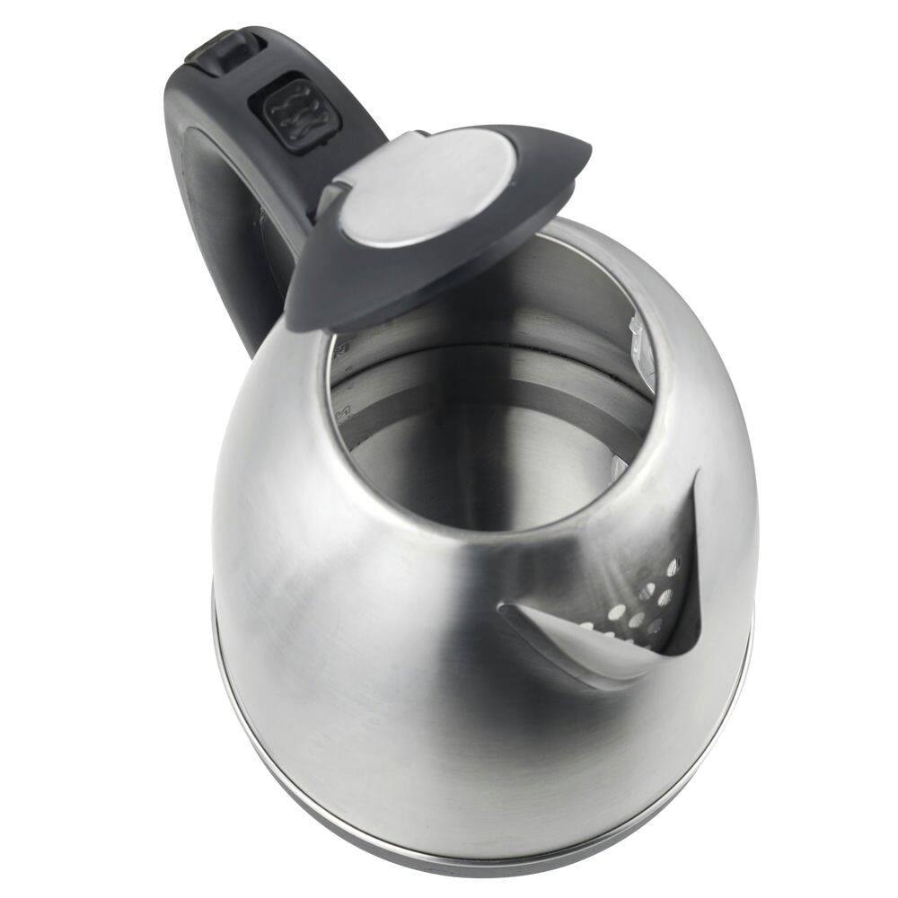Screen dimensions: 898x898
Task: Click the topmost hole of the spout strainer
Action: click(x=673, y=566)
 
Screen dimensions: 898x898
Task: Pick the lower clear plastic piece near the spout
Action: click(x=620, y=467)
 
